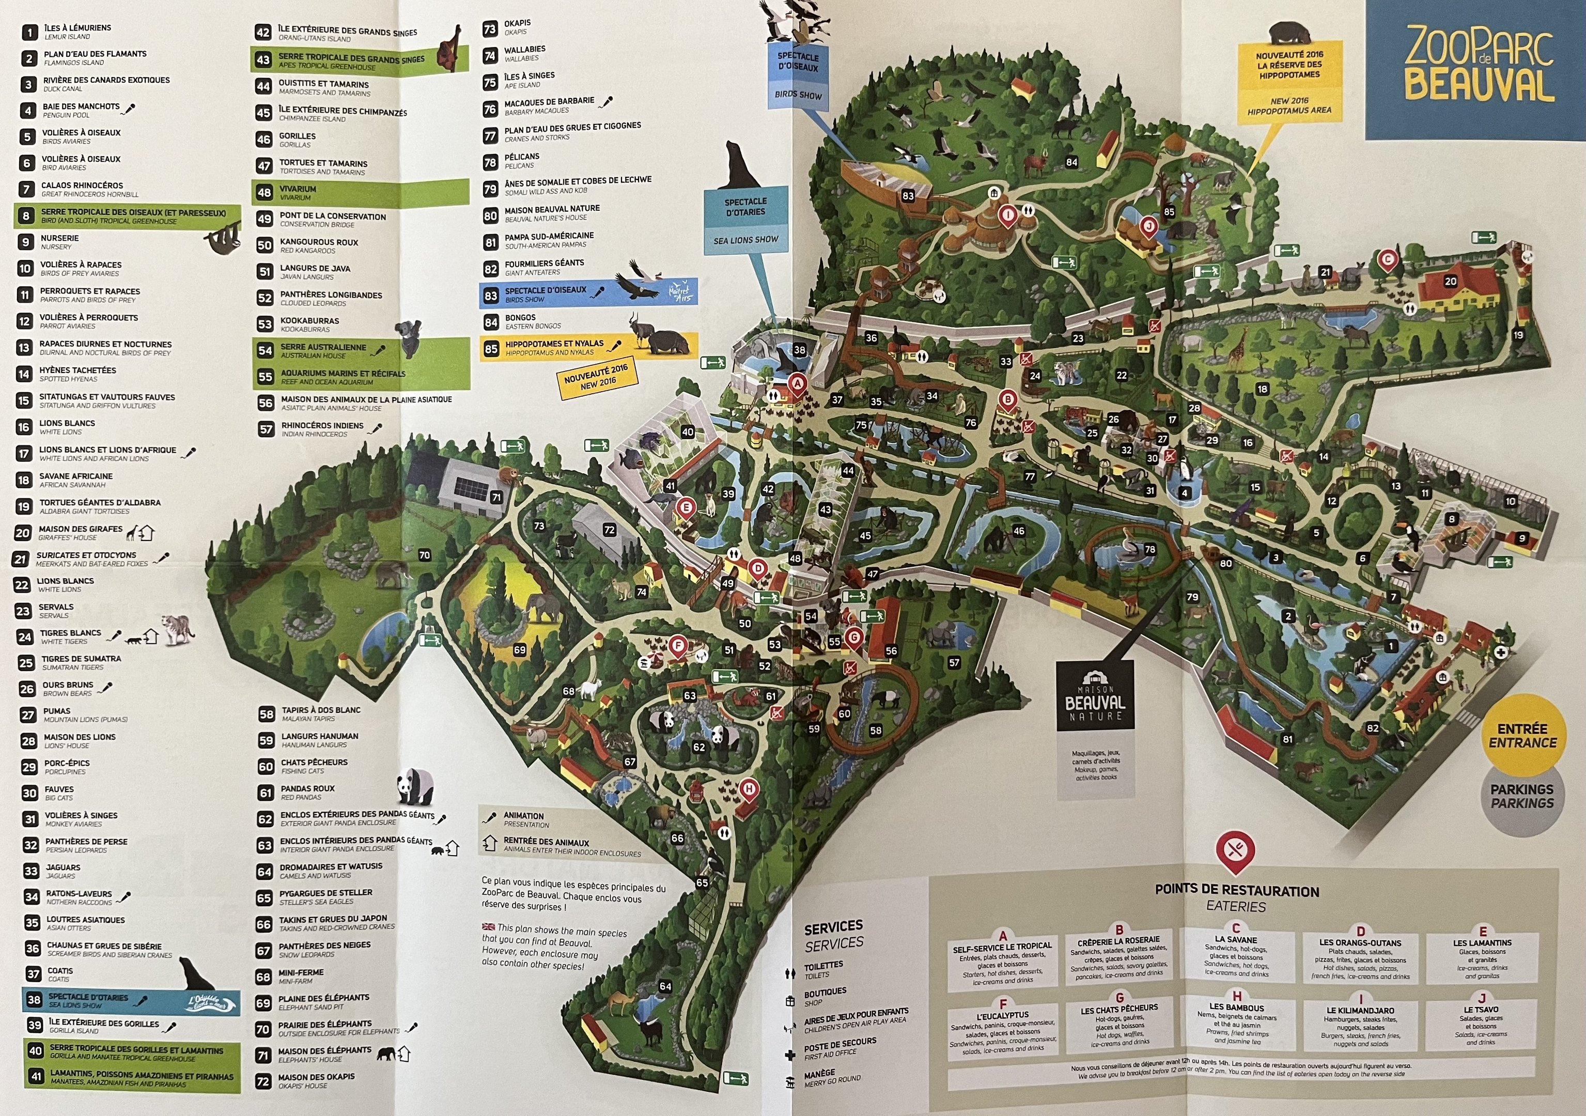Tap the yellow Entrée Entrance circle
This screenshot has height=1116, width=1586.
1522,735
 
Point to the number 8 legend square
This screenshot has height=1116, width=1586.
26,216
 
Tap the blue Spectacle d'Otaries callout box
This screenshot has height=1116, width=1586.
745,220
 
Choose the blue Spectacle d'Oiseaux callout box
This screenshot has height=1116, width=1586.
798,76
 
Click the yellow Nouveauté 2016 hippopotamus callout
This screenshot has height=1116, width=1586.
1289,82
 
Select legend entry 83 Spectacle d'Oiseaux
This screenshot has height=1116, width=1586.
587,293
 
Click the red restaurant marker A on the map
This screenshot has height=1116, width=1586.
798,383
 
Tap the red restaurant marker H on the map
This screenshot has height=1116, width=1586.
749,789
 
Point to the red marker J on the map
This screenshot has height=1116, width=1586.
1148,226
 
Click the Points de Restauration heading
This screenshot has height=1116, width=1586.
1236,891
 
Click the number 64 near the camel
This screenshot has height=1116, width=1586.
665,986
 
